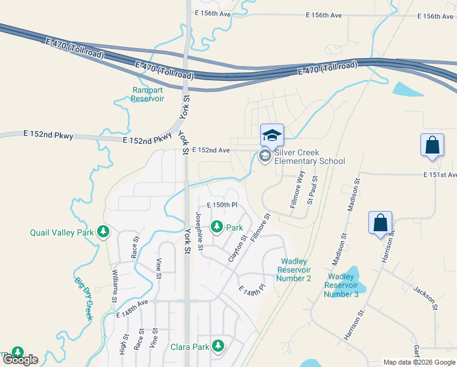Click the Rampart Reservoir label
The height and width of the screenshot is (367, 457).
148,94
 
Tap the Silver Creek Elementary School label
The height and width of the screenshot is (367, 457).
309,157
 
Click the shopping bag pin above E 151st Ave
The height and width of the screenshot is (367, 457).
432,146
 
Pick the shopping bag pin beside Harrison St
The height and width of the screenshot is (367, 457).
380,223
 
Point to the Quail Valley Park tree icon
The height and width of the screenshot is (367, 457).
104,232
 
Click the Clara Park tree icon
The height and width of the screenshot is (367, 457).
218,346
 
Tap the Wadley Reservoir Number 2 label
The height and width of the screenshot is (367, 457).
294,270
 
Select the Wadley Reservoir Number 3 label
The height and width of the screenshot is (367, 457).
342,286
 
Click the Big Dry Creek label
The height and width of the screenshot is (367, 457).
83,298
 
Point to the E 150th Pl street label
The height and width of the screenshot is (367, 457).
221,205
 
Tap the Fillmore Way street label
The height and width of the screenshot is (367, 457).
298,190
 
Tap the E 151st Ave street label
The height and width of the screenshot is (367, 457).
440,175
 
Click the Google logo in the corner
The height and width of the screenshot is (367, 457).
20,360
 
